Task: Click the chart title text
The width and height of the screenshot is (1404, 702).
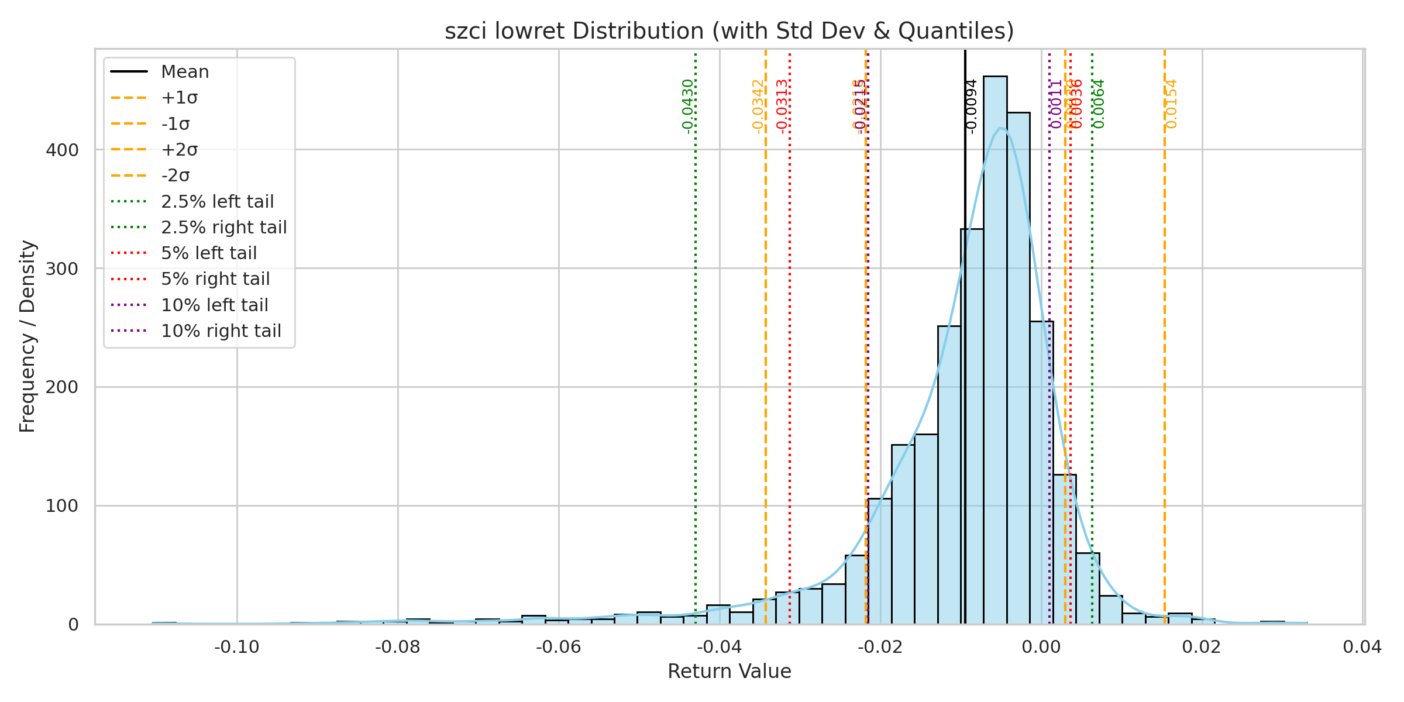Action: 729,31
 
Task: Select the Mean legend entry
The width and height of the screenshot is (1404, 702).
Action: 185,72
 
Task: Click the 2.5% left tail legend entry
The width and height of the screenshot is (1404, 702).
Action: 217,202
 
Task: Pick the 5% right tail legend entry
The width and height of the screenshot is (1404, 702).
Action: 215,279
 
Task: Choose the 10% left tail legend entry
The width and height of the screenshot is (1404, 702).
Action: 214,305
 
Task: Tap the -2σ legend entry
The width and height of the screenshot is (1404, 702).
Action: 175,175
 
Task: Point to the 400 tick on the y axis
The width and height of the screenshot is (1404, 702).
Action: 62,150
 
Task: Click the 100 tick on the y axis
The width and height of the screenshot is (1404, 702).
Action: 62,506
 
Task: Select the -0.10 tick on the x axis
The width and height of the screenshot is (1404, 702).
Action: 237,648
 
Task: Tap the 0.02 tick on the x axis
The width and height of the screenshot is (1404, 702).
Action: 1202,648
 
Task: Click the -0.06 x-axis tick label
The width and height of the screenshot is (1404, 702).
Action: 559,648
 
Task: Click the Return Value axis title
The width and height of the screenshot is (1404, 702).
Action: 729,672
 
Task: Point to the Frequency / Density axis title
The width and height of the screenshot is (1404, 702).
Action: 27,336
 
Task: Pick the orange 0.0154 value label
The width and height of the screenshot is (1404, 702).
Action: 1171,104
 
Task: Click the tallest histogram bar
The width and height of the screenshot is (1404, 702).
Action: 995,351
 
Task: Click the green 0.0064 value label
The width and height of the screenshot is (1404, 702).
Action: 1099,104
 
